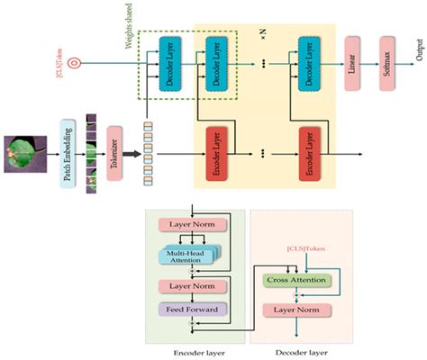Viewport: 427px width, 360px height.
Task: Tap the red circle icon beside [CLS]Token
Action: [76, 64]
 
